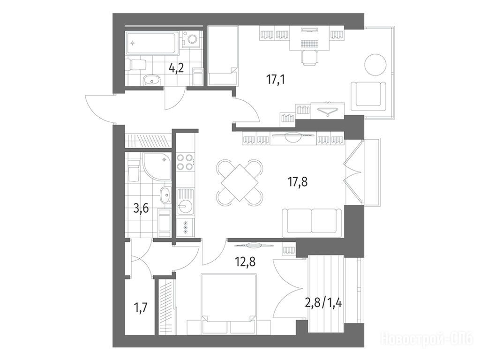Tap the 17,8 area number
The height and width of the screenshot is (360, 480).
coord(298,182)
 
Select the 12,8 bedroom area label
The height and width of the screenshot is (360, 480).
coord(245,262)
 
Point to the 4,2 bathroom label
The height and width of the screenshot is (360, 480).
coord(176,67)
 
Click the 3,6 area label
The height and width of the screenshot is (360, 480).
coord(141,209)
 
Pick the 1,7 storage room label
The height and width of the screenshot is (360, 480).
coord(141,307)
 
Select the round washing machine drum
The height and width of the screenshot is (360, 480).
coord(192,39)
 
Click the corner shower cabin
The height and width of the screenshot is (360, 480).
coord(157,167)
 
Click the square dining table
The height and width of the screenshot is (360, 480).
coord(240,183)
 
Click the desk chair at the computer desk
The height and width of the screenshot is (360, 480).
coord(310,58)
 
